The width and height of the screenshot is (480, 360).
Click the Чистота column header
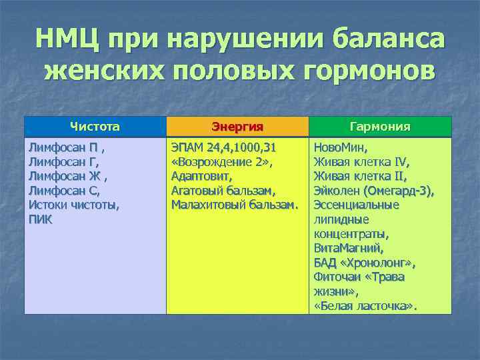click(x=95, y=125)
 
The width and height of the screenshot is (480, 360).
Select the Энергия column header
click(x=237, y=127)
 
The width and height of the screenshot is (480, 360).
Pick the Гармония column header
click(x=381, y=127)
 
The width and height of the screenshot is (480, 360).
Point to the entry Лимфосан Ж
click(x=66, y=177)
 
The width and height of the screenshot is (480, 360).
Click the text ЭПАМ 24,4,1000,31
click(x=223, y=148)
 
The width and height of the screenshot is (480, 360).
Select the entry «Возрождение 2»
click(x=223, y=162)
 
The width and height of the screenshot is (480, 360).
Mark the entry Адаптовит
click(x=202, y=177)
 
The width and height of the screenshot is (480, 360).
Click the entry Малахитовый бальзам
click(x=233, y=205)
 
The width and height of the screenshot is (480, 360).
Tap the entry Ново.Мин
click(x=340, y=147)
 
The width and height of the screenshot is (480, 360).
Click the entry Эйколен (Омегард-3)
click(x=374, y=191)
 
